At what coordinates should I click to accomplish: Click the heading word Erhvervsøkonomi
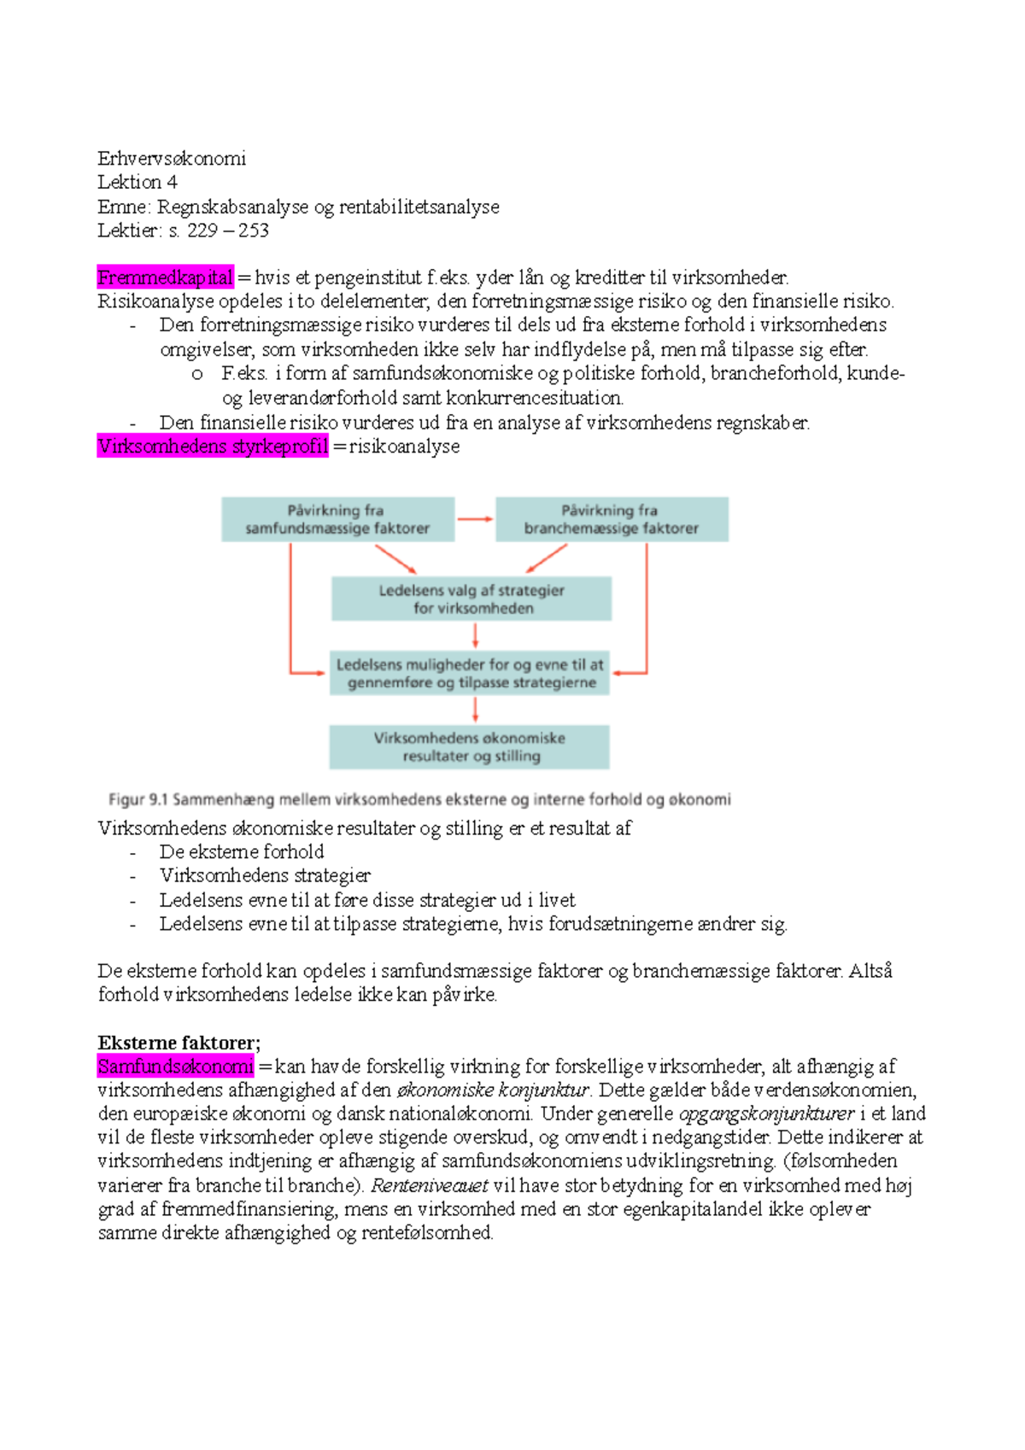pyautogui.click(x=172, y=158)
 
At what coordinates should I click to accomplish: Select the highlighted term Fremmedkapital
pyautogui.click(x=165, y=278)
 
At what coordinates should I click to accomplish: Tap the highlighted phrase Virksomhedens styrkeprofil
pyautogui.click(x=213, y=446)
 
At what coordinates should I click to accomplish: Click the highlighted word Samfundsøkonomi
pyautogui.click(x=176, y=1066)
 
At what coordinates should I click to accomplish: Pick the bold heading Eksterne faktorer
pyautogui.click(x=179, y=1042)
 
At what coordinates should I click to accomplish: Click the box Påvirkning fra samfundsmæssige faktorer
pyautogui.click(x=337, y=519)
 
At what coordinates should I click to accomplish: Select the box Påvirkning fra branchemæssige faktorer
pyautogui.click(x=612, y=519)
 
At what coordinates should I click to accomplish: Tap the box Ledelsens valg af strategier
pyautogui.click(x=471, y=599)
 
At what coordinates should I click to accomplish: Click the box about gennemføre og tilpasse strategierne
pyautogui.click(x=470, y=673)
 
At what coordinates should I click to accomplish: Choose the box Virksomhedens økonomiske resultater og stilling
pyautogui.click(x=470, y=747)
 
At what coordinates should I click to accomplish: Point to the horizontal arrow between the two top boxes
pyautogui.click(x=475, y=519)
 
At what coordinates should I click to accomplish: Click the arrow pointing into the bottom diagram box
pyautogui.click(x=475, y=710)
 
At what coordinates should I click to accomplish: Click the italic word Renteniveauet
pyautogui.click(x=430, y=1185)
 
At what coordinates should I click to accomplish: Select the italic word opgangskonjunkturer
pyautogui.click(x=766, y=1114)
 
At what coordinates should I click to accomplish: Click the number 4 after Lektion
pyautogui.click(x=173, y=182)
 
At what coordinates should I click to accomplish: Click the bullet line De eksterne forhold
pyautogui.click(x=242, y=851)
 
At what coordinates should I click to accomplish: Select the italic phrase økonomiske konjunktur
pyautogui.click(x=494, y=1090)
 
